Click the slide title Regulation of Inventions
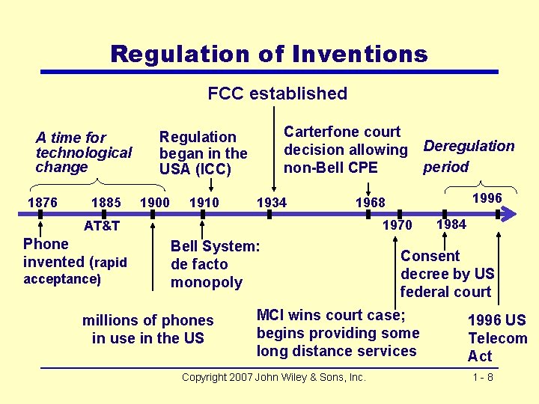pos(269,54)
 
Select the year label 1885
pos(106,202)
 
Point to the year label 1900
pos(155,202)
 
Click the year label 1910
pos(204,202)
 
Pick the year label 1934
pos(271,202)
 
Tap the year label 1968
pos(370,202)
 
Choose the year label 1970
pos(397,224)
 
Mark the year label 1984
pos(451,224)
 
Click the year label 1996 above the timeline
pos(487,198)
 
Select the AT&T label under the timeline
pos(102,225)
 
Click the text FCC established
pos(277,94)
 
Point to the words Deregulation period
pos(469,156)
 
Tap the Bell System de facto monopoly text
pos(215,264)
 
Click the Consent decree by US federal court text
pos(447,273)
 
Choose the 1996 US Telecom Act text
pos(497,338)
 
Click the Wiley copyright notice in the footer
pos(273,377)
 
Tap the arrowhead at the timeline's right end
pos(510,214)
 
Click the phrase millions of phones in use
pos(147,329)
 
